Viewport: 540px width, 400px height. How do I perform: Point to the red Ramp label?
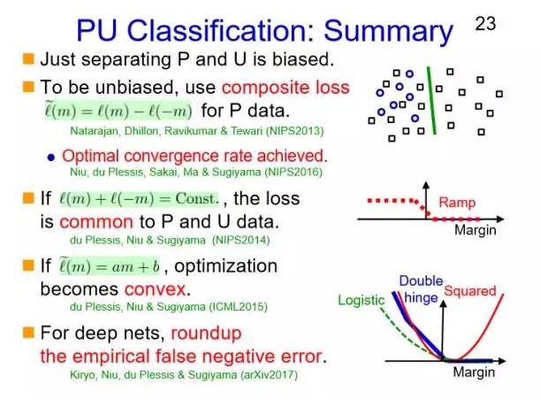[x=457, y=203]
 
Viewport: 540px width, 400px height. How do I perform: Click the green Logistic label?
[x=361, y=301]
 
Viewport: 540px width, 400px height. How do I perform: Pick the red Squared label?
[x=470, y=290]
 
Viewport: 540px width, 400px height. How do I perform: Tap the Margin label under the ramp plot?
[x=475, y=230]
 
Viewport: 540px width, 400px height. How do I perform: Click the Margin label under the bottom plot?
[x=475, y=373]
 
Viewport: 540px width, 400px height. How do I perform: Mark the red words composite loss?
[x=285, y=88]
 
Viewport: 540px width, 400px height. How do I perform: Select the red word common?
[x=91, y=221]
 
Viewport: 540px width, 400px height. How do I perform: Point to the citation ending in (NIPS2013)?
[x=182, y=131]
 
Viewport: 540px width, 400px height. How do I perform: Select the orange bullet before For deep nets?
[x=27, y=333]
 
